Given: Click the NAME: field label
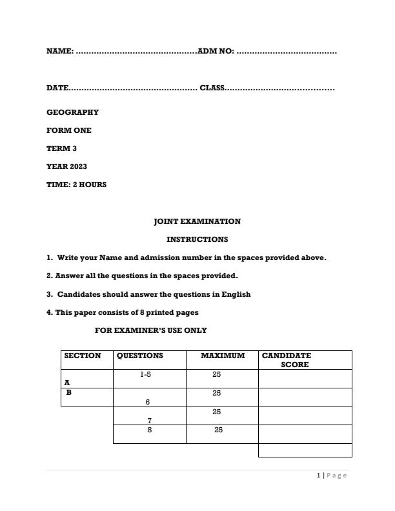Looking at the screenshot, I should click(x=60, y=51).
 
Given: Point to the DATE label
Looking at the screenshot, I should click(x=57, y=88).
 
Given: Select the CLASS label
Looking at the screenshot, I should click(x=212, y=88).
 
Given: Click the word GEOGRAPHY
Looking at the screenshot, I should click(x=72, y=112).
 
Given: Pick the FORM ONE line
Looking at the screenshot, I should click(x=69, y=130).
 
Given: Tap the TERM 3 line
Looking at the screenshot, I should click(x=61, y=148).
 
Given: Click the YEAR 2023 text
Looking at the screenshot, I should click(x=66, y=166).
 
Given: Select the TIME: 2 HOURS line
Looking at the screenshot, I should click(x=76, y=185).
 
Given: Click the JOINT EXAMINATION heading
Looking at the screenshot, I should click(x=197, y=221).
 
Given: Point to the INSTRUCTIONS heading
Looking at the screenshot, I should click(x=197, y=239).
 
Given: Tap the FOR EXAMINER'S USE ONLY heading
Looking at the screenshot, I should click(x=151, y=330).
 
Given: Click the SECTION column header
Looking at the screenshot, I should click(x=83, y=356).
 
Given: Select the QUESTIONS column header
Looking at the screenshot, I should click(x=140, y=356).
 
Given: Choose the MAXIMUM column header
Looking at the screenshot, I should click(x=223, y=356).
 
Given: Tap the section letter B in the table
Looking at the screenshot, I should click(x=69, y=392).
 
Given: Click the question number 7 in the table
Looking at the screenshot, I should click(x=149, y=421).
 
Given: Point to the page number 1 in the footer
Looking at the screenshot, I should click(x=319, y=476).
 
